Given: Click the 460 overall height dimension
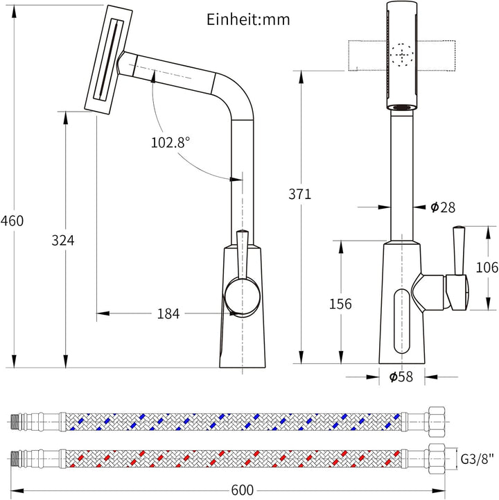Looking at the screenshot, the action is pos(12,221).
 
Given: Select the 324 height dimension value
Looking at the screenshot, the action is pos(63,241).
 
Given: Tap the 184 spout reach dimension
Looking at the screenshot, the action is pos(168,313).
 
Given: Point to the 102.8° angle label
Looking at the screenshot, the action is pos(170,142).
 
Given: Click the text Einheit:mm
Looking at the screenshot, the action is pos(248,19).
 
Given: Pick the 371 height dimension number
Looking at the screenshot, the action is pos(300,194).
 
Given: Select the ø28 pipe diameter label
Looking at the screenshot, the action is pos(443,207).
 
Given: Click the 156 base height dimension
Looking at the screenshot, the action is pos(340,304).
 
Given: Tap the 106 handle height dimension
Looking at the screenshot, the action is pos(487,267).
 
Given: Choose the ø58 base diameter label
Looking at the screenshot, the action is pos(401,377).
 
